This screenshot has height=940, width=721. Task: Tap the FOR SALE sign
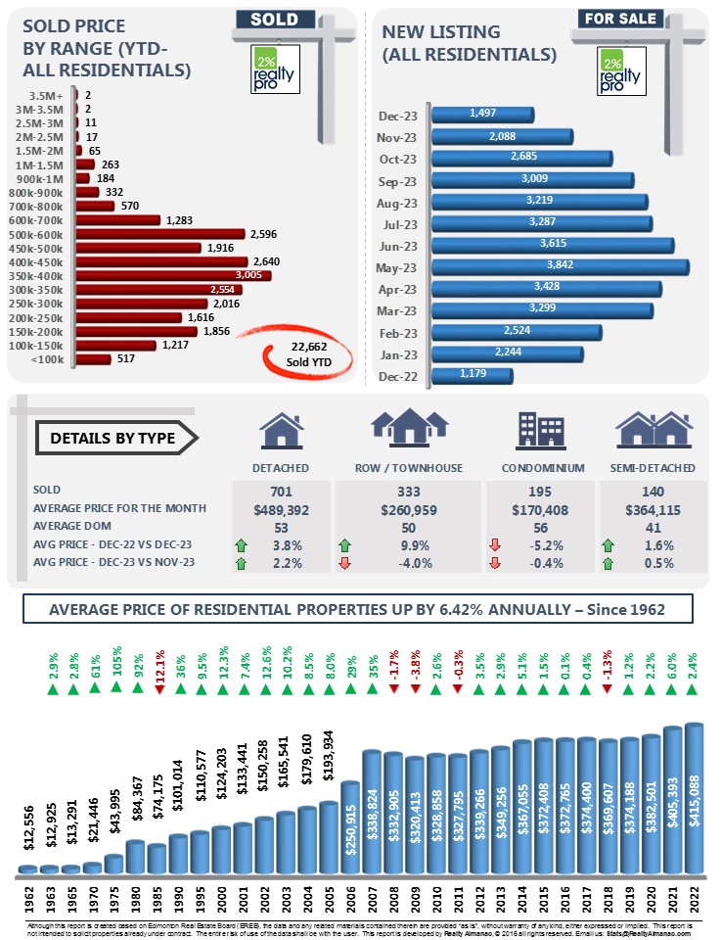click(620, 18)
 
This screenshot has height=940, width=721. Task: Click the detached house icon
click(280, 430)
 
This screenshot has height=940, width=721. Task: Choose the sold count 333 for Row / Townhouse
click(408, 489)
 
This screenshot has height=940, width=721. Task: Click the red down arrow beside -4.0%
click(345, 563)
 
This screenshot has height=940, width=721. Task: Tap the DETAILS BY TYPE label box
click(112, 439)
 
